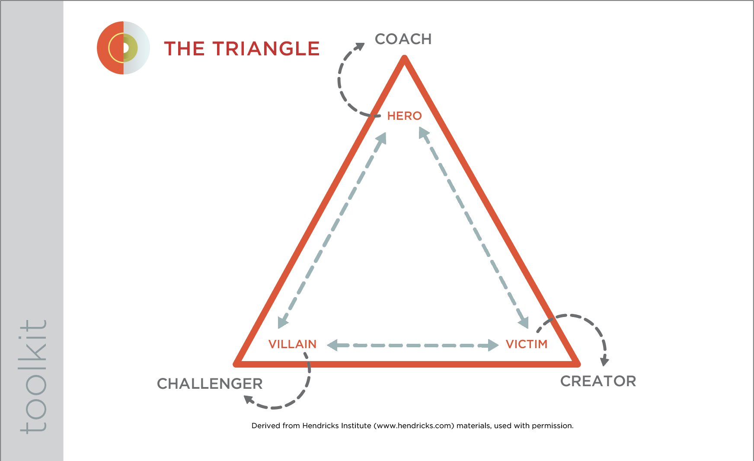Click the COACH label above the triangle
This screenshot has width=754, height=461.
click(x=403, y=39)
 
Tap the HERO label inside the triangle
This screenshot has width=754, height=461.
click(x=404, y=116)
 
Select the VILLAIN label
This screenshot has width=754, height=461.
click(x=292, y=344)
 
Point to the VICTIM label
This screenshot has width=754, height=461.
click(x=527, y=344)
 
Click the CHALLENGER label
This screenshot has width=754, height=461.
click(x=210, y=384)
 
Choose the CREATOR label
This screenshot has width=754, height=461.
click(x=598, y=381)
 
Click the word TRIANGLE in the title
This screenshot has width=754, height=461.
click(x=266, y=48)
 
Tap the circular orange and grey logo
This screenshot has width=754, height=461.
click(x=123, y=48)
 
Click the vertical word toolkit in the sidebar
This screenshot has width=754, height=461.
click(x=33, y=376)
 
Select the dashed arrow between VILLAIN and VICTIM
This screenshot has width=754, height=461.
click(x=413, y=345)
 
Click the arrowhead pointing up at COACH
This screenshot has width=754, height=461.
click(x=359, y=46)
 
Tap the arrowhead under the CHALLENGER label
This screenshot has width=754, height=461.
click(x=249, y=399)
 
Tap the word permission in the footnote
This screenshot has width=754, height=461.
click(x=552, y=426)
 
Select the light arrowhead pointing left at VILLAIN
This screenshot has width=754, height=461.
click(x=332, y=345)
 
